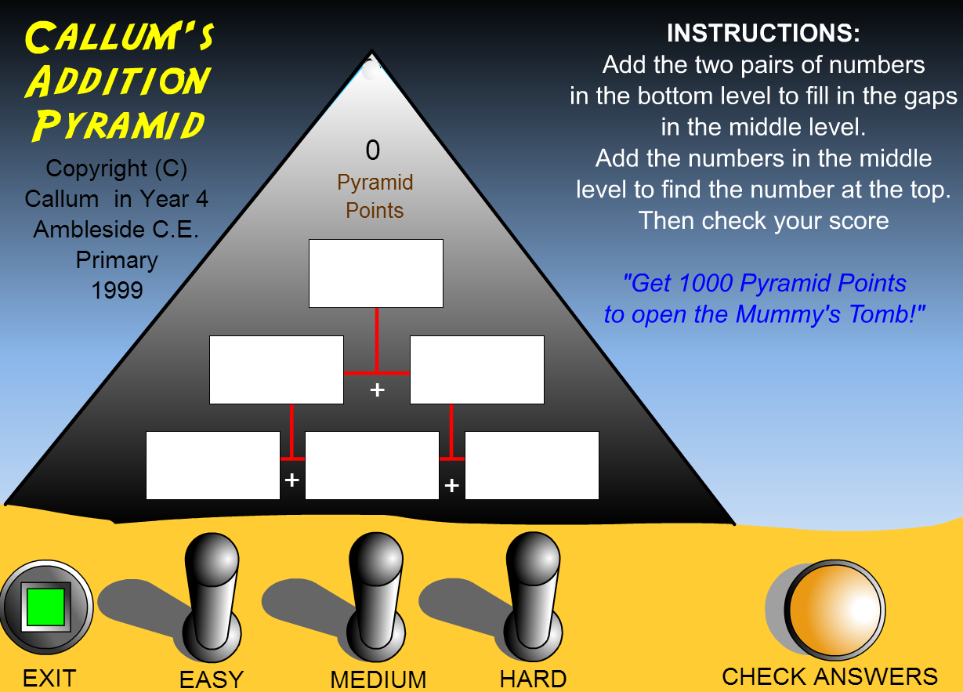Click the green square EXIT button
coord(45,607)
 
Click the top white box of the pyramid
coord(376,274)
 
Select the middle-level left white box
coord(277,370)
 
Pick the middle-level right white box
coord(477,370)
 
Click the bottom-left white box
coord(213,466)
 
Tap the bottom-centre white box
coord(372,466)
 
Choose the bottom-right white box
coord(532,466)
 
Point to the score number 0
coord(373,150)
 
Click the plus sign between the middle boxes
coord(377,389)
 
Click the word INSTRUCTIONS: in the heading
coord(763,34)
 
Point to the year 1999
coord(117,290)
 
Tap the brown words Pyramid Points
coord(375,197)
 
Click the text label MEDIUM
coord(378,679)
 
